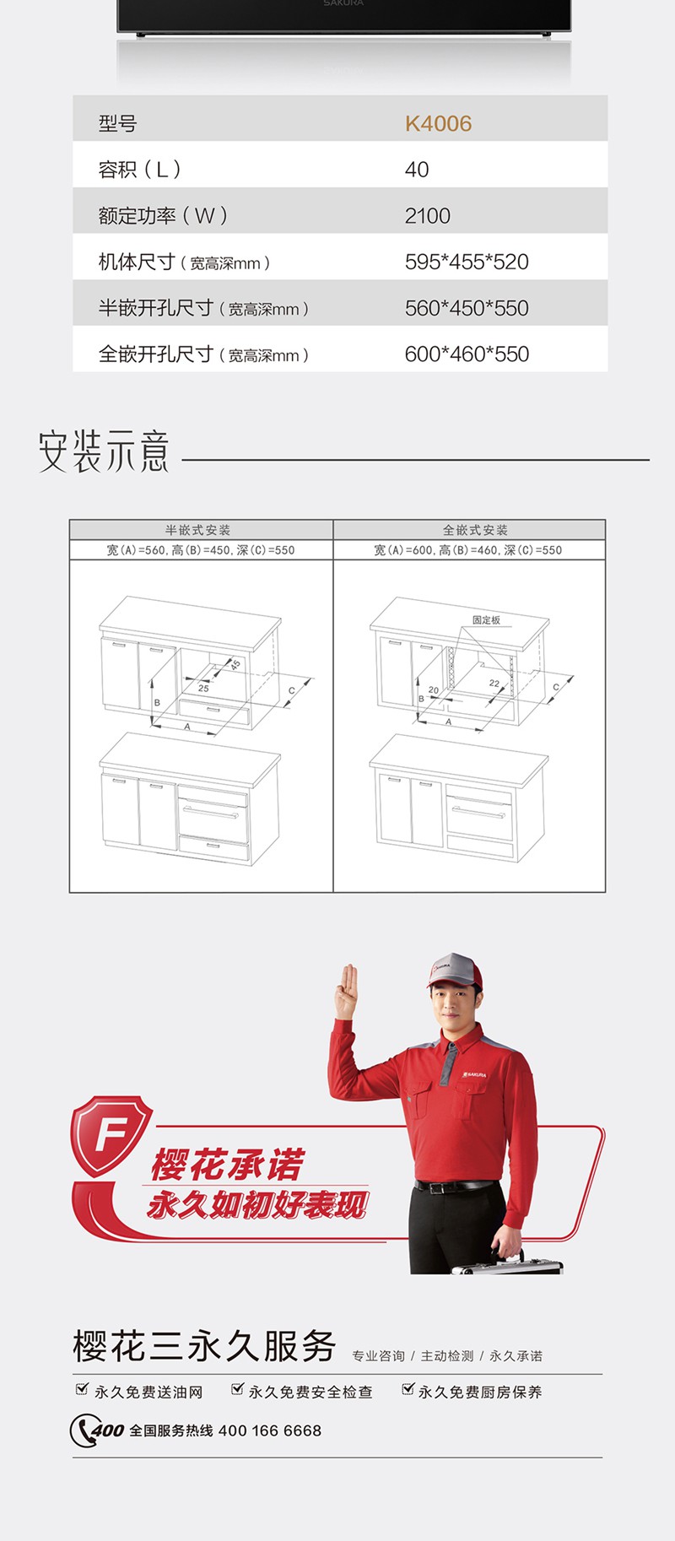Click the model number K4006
coord(438,123)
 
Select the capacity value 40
coord(417,170)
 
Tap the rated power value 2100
coord(428,216)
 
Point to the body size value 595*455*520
coord(467,262)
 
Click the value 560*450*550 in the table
coord(467,308)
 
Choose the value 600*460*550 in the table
coord(467,354)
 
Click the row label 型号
coord(117,123)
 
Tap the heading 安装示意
coord(104,451)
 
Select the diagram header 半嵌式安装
coord(198,530)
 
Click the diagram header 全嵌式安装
coord(476,530)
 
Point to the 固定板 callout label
coord(487,620)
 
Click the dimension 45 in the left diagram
coord(235,665)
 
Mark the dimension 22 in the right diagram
coord(494,684)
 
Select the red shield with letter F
coord(111,1135)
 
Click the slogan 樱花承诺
coord(227,1165)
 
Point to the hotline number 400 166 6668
coord(270,1430)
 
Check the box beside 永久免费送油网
coord(82,1389)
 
